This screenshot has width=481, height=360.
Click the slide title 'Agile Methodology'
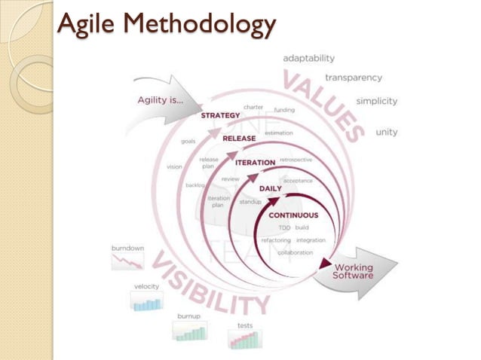click(167, 25)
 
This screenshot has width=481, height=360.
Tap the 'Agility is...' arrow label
click(161, 99)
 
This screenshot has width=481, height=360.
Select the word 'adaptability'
click(309, 58)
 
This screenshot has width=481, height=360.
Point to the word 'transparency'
click(353, 77)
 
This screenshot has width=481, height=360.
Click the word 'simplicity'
click(376, 101)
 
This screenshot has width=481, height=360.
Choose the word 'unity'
click(386, 132)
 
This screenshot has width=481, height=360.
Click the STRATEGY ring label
click(220, 115)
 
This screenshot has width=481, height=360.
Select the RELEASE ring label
click(239, 139)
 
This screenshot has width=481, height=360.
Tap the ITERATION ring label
click(254, 163)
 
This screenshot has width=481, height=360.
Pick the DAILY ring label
click(270, 188)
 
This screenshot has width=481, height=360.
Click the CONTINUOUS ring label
click(293, 215)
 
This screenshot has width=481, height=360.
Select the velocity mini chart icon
click(146, 301)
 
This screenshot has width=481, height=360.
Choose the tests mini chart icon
click(244, 339)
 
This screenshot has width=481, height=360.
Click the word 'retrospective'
click(296, 160)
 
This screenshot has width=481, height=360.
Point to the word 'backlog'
click(195, 185)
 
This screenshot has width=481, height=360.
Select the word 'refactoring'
click(276, 240)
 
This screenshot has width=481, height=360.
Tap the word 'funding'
click(284, 110)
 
